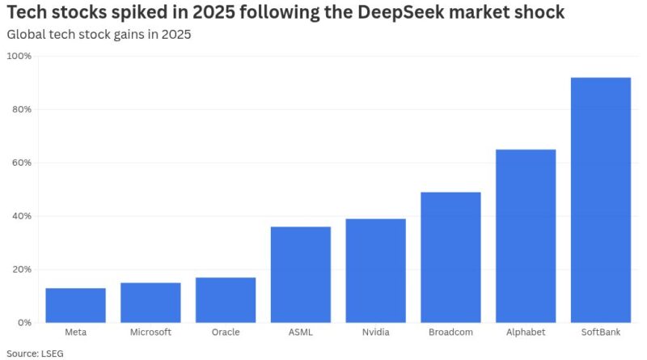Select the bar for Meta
(75, 305)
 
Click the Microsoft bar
(150, 303)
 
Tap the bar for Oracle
(226, 300)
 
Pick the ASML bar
(301, 274)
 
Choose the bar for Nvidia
(375, 270)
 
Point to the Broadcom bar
(450, 257)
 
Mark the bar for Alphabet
(526, 235)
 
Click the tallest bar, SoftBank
(601, 200)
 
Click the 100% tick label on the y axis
(19, 56)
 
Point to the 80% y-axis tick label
(22, 109)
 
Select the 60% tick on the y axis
(22, 163)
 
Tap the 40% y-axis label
(22, 216)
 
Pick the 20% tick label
(22, 269)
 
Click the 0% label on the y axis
(24, 323)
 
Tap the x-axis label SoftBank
(601, 332)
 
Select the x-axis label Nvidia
(375, 332)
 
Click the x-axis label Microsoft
(150, 332)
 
